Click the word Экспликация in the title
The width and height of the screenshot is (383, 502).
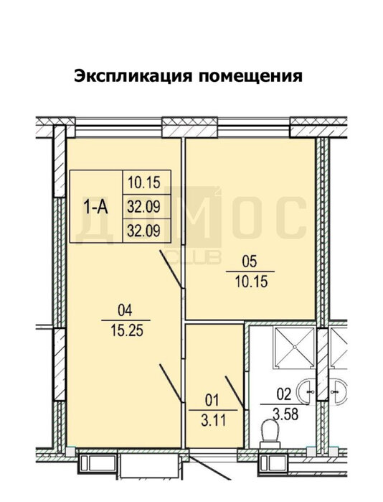133,77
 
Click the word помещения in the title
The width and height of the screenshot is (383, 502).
250,77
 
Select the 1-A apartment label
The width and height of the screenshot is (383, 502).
95,207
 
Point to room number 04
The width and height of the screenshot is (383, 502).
125,310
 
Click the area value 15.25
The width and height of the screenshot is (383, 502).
127,330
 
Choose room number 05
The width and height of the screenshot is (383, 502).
250,261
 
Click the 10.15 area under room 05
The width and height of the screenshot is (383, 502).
251,282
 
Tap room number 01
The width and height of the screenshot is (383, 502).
212,400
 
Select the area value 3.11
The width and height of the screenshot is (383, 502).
214,420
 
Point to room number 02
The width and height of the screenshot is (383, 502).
284,394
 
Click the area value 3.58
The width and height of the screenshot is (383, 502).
285,414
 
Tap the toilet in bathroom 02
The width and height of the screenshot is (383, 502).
270,434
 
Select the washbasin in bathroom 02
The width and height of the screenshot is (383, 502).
306,391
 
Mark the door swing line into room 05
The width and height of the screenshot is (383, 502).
171,269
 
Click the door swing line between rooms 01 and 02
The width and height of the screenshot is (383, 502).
236,393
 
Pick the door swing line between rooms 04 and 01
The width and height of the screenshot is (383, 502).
171,383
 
